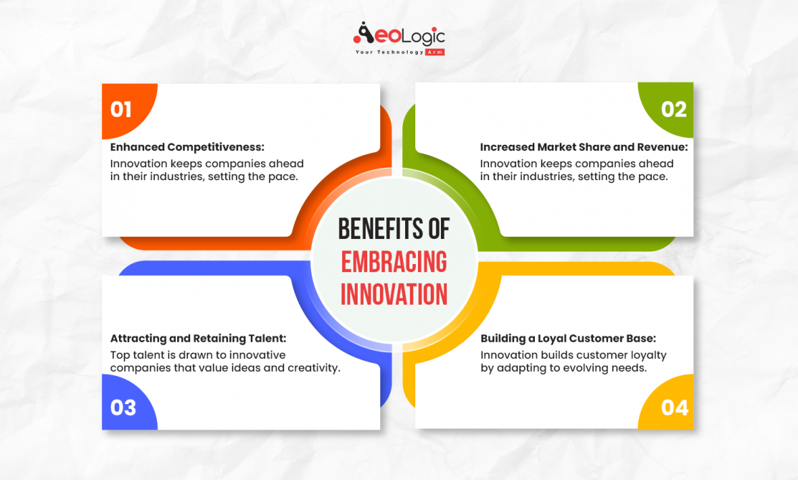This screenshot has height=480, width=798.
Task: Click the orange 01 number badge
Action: (122, 110)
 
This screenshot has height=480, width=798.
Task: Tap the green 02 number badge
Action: (674, 110)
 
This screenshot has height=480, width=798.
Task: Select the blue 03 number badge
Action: (123, 408)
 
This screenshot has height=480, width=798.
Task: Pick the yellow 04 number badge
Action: (674, 408)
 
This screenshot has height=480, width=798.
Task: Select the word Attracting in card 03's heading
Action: (138, 339)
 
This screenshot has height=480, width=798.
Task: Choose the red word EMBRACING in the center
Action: (394, 262)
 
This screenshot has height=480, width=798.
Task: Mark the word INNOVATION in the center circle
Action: (394, 294)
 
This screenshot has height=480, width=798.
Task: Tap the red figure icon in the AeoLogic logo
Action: (363, 34)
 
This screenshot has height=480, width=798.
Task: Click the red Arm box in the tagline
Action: (434, 52)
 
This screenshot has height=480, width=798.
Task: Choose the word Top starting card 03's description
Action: (119, 355)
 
